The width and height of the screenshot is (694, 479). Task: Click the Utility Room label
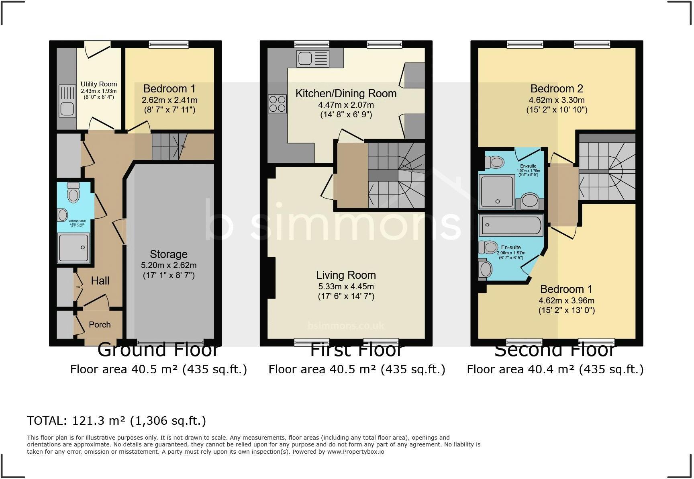click(x=99, y=84)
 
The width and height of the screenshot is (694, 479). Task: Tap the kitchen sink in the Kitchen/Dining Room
click(x=312, y=59)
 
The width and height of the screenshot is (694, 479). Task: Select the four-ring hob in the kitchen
click(x=278, y=104)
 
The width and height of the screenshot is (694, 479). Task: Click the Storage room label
click(x=169, y=254)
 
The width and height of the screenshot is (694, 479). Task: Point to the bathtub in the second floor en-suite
click(x=511, y=225)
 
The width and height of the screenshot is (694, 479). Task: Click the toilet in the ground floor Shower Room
click(x=73, y=193)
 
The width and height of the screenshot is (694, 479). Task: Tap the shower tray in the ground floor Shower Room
click(x=73, y=248)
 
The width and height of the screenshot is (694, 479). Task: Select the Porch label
click(x=100, y=324)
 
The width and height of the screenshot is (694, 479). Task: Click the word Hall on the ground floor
click(x=100, y=280)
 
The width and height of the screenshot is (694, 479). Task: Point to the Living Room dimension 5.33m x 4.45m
click(x=346, y=287)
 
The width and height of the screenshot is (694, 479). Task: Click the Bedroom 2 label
click(x=557, y=88)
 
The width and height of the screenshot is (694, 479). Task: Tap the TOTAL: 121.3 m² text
click(x=116, y=421)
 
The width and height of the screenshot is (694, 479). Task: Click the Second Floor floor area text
click(x=555, y=369)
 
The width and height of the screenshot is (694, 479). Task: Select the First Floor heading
click(x=357, y=350)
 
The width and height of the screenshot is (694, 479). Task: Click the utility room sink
click(x=67, y=107)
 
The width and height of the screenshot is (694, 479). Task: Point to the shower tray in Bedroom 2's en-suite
click(x=497, y=192)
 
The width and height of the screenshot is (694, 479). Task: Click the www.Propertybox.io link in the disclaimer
click(x=355, y=452)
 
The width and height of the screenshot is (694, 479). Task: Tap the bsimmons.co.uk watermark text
click(x=346, y=326)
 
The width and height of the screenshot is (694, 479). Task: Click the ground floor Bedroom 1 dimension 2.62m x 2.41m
click(x=169, y=100)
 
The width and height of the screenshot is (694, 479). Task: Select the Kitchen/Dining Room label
click(x=346, y=93)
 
